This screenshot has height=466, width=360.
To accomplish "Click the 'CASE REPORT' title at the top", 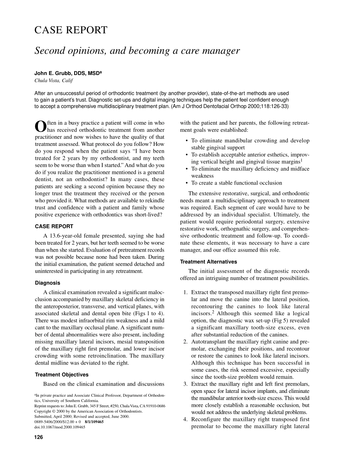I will click(71, 30).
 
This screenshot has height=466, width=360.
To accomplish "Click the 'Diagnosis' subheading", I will click(47, 283).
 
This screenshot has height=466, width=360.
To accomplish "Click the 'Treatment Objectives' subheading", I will click(62, 375).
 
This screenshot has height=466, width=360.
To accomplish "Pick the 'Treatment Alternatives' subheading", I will click(208, 262).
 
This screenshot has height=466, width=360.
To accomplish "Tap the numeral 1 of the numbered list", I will click(185, 292).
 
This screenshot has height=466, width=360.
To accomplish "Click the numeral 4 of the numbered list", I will click(185, 419).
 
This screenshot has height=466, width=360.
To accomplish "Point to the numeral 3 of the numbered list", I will click(185, 384).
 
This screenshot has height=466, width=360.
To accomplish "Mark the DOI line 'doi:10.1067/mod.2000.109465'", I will click(60, 427).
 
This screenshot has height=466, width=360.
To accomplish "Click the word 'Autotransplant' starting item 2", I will click(210, 342).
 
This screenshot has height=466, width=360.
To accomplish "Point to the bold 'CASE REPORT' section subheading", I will click(54, 227).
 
